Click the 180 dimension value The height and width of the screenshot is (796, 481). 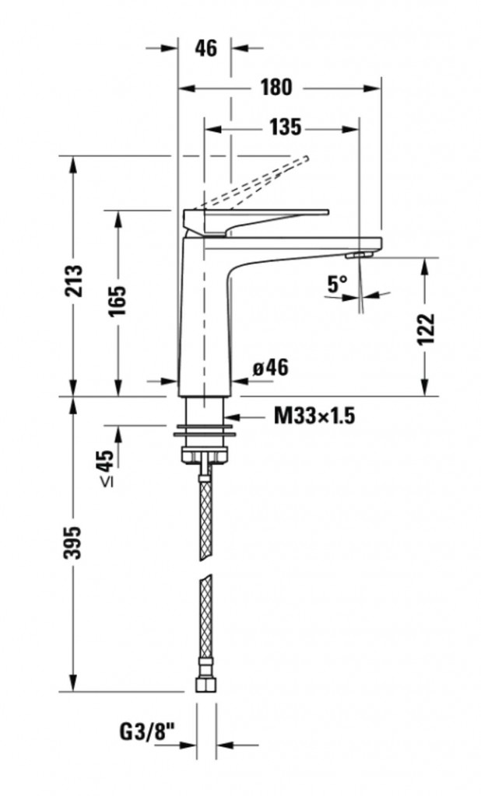[x=276, y=87]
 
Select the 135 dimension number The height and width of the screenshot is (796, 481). [x=285, y=127]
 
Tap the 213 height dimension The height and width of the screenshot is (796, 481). [x=73, y=281]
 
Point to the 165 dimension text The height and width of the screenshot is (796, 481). [x=118, y=301]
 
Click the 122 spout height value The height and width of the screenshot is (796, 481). [x=426, y=329]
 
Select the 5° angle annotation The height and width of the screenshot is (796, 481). [x=337, y=285]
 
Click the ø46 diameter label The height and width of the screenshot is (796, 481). [x=271, y=367]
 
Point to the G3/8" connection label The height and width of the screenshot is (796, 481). [x=147, y=731]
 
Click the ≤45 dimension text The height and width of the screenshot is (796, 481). [x=105, y=468]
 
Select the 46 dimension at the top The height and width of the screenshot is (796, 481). [x=206, y=48]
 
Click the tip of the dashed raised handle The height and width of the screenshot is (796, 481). [x=306, y=158]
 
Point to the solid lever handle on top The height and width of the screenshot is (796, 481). [x=255, y=219]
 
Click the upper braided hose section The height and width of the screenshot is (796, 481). [x=205, y=517]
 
